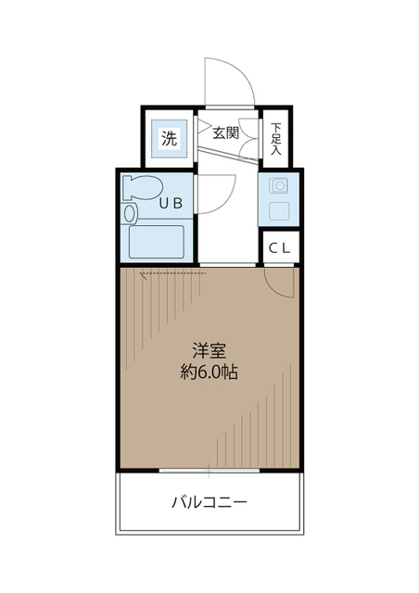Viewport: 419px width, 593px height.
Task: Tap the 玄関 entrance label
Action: click(225, 132)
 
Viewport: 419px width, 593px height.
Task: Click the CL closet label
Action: click(279, 247)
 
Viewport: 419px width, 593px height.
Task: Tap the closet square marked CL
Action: click(279, 247)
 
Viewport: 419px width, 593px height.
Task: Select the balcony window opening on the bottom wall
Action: click(209, 473)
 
